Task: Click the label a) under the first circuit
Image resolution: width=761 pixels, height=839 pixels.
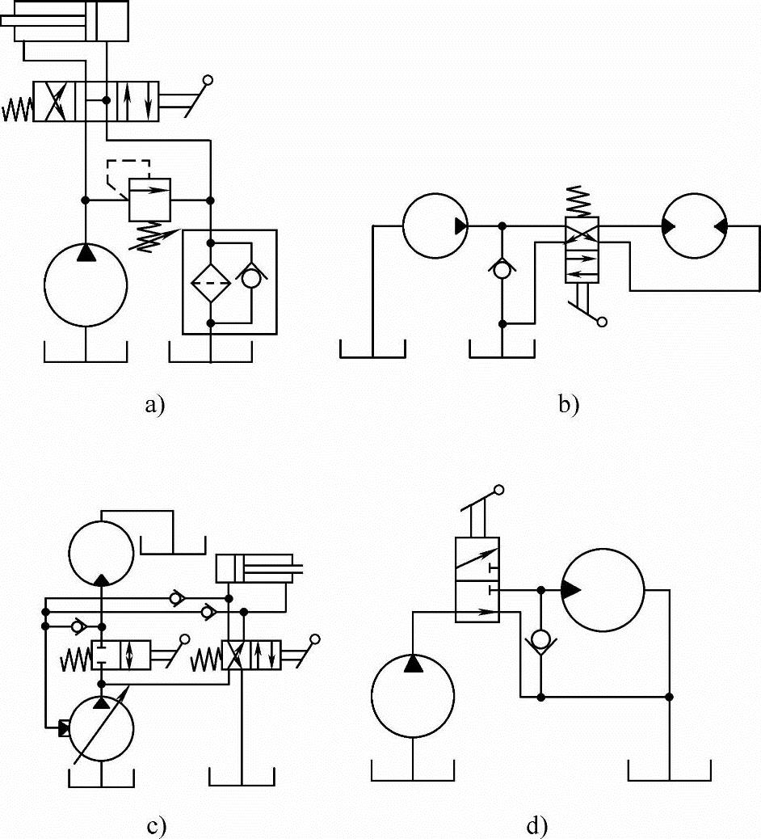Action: pos(154,406)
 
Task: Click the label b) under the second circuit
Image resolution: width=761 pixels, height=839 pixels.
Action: pos(569,406)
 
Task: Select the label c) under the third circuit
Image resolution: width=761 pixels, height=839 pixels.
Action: pos(157,826)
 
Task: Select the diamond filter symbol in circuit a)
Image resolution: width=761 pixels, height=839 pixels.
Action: pos(211,282)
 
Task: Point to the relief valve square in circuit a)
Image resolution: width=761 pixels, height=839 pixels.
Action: pos(150,199)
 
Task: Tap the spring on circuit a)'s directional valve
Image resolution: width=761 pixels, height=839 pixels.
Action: pos(17,109)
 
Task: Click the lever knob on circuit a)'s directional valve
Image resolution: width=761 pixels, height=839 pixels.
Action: pos(208,80)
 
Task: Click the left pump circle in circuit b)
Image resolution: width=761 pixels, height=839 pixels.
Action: pos(435,226)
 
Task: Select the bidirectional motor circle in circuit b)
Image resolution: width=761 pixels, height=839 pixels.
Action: pos(694,226)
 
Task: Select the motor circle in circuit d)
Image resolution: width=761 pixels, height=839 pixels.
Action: pos(603,589)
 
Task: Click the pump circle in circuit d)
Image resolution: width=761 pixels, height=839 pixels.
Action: pos(413,695)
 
